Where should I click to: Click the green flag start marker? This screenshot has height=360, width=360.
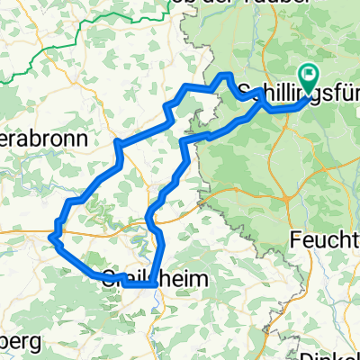tap(308, 78)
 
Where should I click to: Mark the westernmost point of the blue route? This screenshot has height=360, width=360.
tap(51, 236)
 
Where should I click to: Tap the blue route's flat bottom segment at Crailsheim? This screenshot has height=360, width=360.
tap(135, 284)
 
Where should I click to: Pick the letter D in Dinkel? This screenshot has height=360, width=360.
tap(307, 355)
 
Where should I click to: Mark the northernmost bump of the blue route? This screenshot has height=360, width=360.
tap(227, 75)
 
